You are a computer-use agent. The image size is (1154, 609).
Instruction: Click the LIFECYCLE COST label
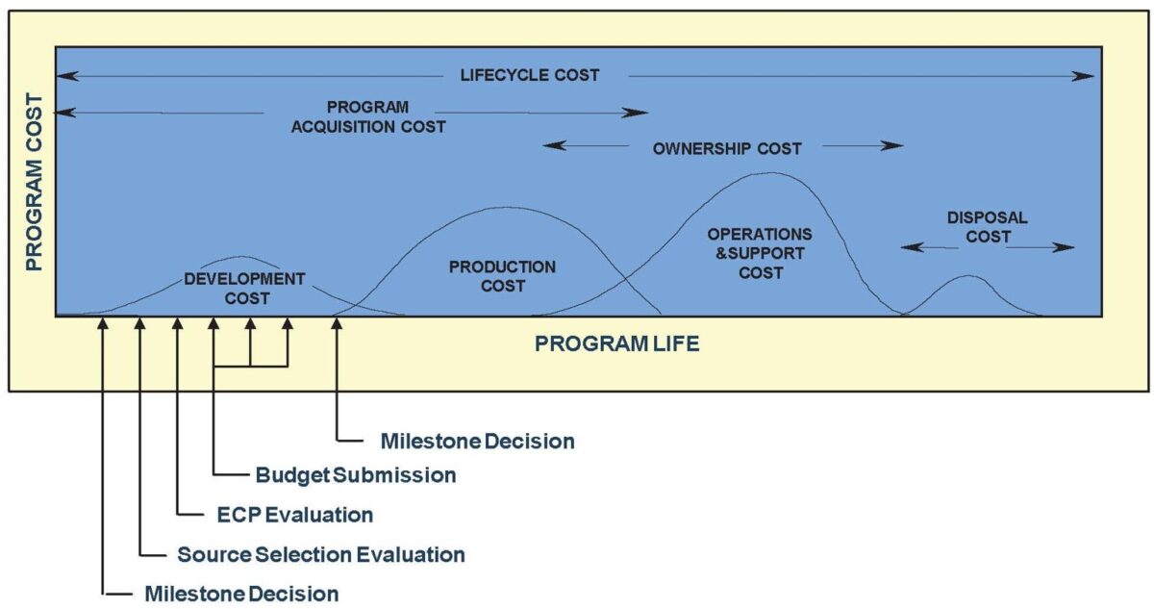529,75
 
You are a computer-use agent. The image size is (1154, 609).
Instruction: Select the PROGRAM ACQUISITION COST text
368,116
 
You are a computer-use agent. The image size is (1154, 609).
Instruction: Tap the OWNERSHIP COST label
726,148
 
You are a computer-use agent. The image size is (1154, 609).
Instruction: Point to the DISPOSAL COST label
988,227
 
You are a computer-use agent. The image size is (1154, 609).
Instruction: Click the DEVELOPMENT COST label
244,289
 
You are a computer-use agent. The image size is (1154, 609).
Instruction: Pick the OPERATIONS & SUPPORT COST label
760,253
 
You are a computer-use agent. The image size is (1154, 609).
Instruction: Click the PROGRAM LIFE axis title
617,343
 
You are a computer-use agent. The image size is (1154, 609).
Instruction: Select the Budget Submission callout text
356,475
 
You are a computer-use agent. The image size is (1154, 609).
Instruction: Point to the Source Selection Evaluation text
321,554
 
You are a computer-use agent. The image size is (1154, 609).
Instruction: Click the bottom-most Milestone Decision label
241,594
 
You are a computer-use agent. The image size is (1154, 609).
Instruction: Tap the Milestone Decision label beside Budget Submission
477,442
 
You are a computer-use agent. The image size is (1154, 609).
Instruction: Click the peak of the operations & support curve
772,174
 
